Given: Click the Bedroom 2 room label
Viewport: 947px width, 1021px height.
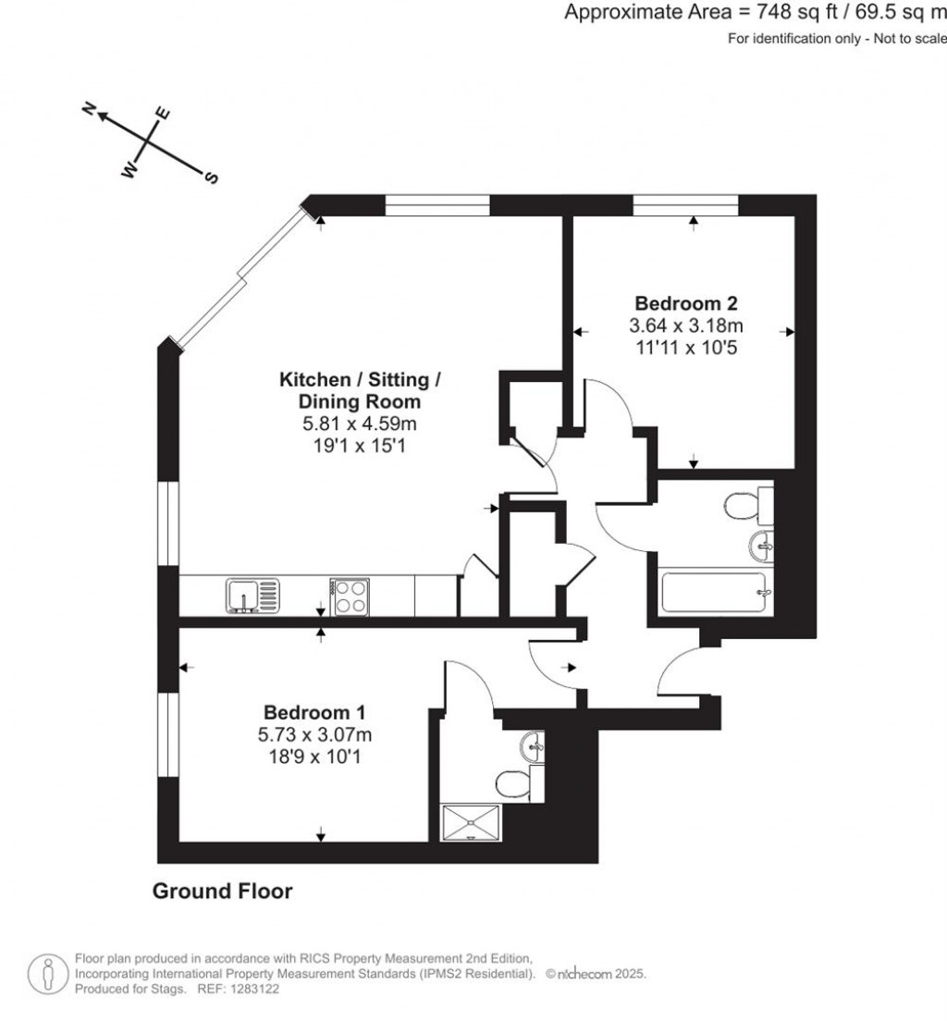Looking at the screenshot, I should tap(685, 303).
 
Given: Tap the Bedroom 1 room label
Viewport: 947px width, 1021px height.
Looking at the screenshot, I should tap(314, 713).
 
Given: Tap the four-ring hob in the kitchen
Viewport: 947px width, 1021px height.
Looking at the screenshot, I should tap(348, 595).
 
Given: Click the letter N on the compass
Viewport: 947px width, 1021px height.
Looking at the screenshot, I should tap(91, 109).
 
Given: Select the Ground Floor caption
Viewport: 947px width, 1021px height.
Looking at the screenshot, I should tap(222, 892).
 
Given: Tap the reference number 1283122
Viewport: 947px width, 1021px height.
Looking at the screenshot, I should tap(252, 989).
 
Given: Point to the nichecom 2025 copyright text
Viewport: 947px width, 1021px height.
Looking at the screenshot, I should tap(596, 975).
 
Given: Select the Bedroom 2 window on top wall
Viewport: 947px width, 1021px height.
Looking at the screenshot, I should tap(685, 205).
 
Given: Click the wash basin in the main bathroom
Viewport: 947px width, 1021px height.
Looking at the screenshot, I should tap(763, 546).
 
